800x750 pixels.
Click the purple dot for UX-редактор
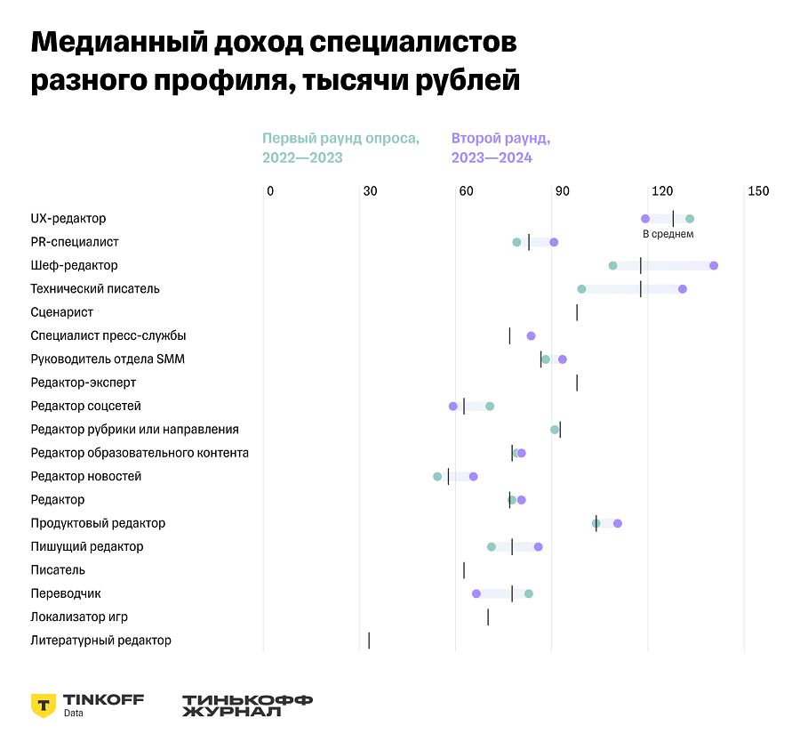click(645, 219)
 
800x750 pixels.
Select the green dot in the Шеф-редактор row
click(612, 266)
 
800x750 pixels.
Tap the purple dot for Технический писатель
click(683, 289)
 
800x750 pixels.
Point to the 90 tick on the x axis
click(562, 191)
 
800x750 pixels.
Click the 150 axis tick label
click(758, 191)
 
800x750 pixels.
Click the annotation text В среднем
click(668, 235)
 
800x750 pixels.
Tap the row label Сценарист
click(62, 312)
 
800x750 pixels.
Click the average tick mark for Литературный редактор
click(369, 641)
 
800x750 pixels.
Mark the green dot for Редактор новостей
click(437, 477)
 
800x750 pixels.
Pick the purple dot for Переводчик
click(476, 593)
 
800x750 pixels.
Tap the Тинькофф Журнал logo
click(247, 706)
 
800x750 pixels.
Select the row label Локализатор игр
click(85, 617)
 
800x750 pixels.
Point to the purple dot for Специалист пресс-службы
click(531, 336)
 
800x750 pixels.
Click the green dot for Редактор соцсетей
click(490, 407)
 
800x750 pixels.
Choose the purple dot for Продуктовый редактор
click(618, 523)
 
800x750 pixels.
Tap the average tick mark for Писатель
click(464, 570)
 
